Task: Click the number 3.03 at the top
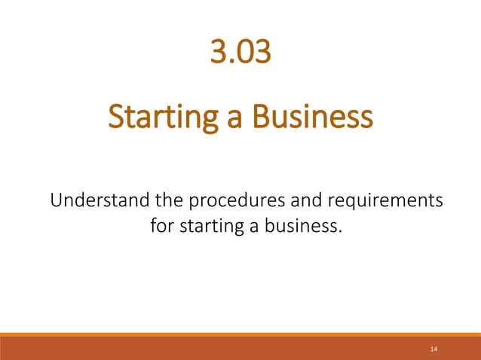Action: click(x=240, y=53)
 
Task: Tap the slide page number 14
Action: click(x=434, y=349)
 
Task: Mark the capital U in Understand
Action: click(x=57, y=201)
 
